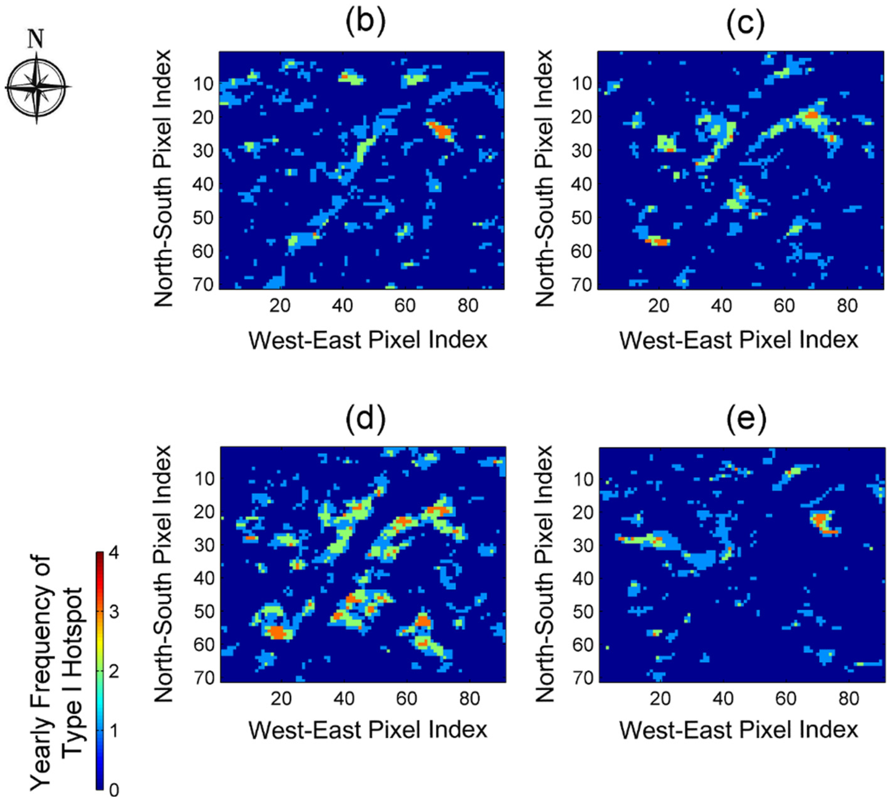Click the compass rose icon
pos(37,87)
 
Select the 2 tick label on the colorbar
pos(114,672)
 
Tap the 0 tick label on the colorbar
pos(114,790)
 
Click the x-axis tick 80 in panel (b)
pos(467,305)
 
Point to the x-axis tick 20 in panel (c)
pos(658,305)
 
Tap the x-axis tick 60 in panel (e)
pos(786,698)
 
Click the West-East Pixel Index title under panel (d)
pos(368,730)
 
